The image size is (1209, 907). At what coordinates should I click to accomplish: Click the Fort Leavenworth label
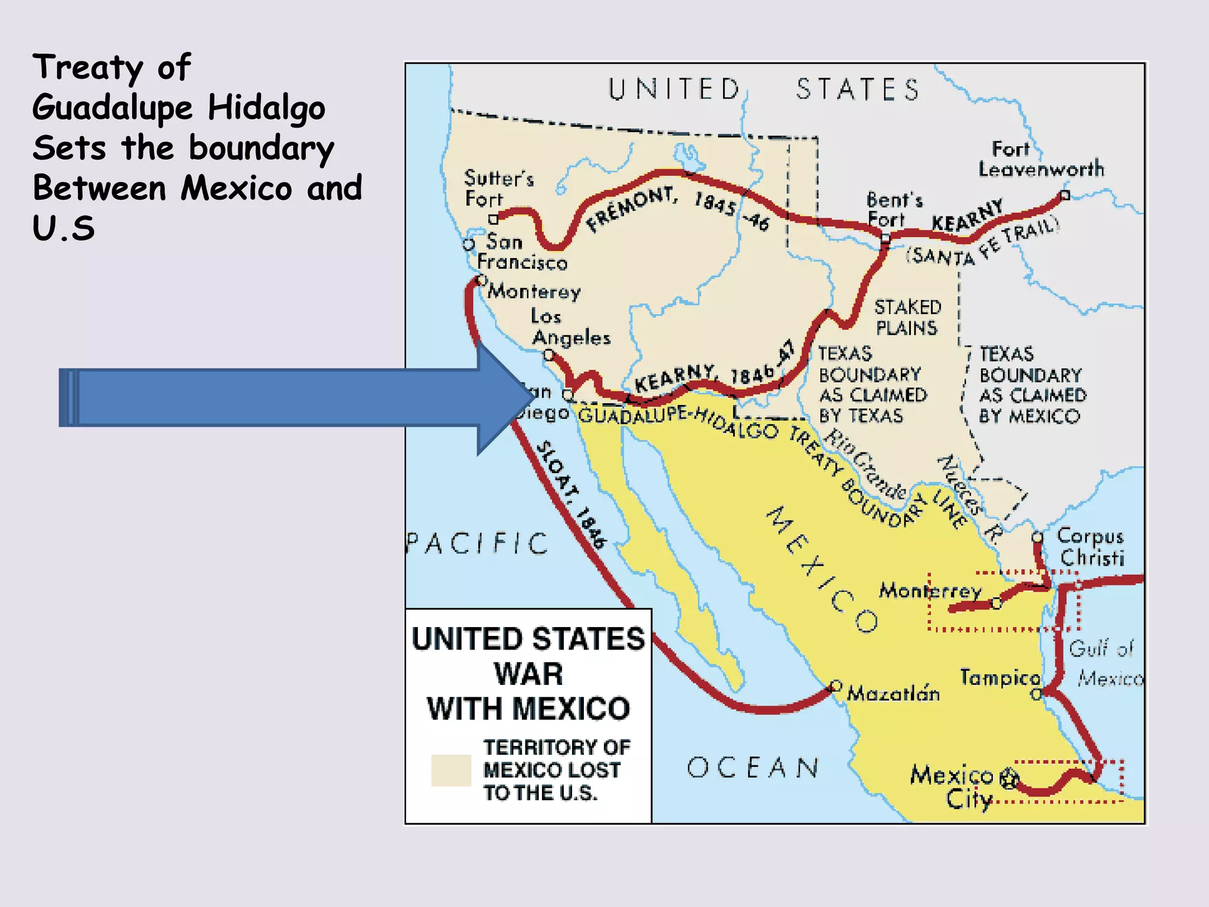(1041, 159)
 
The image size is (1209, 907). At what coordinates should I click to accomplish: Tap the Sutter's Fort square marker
(494, 220)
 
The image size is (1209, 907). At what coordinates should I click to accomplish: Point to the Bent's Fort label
(894, 210)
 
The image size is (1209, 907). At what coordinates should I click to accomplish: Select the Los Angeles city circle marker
(549, 355)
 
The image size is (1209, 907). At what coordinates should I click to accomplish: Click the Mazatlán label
(893, 693)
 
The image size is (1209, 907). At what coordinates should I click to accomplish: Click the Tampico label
(1000, 677)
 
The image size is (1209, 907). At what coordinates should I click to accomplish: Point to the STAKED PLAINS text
(907, 317)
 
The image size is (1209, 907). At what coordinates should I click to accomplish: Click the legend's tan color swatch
(451, 771)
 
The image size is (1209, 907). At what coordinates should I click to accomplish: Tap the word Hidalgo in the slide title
(266, 108)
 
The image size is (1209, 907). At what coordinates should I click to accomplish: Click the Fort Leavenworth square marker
(1065, 195)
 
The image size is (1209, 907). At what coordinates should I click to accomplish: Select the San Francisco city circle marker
(469, 244)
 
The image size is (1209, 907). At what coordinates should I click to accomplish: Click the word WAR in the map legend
(528, 674)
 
